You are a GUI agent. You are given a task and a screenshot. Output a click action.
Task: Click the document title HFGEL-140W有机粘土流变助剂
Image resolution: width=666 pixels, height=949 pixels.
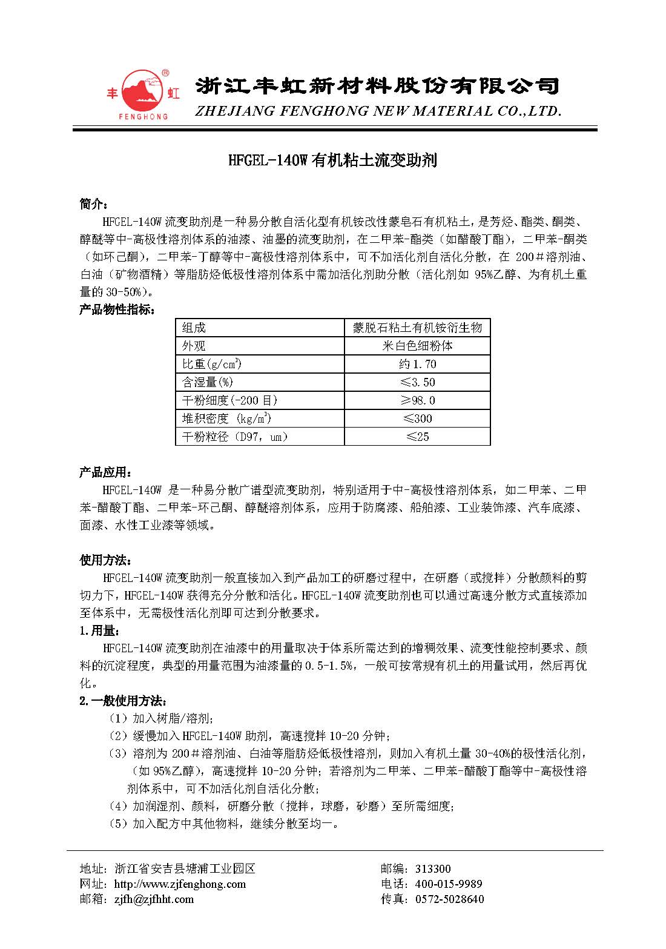[x=332, y=160]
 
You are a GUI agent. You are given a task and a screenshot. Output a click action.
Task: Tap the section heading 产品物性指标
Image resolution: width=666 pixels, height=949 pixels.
[x=117, y=310]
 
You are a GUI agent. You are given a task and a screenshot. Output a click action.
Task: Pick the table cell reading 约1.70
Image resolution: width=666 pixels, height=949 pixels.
[x=417, y=364]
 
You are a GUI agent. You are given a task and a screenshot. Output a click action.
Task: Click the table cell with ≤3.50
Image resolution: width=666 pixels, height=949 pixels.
[x=417, y=382]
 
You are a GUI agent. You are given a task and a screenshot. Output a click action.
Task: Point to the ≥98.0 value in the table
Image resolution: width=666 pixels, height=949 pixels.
[x=417, y=400]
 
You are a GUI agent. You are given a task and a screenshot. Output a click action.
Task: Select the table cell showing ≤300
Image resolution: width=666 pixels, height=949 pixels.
[x=417, y=418]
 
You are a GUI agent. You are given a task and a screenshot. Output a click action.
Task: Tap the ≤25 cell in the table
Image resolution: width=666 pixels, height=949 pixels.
[x=417, y=437]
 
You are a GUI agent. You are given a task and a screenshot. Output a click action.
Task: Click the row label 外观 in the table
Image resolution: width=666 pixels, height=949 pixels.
[x=194, y=346]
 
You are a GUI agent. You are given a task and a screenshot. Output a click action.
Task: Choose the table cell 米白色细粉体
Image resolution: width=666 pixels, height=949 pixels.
[x=417, y=346]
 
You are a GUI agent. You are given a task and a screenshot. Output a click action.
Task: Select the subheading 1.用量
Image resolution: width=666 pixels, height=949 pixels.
[x=96, y=631]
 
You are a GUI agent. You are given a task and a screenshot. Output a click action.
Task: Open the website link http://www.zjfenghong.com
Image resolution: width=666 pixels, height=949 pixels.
[x=180, y=884]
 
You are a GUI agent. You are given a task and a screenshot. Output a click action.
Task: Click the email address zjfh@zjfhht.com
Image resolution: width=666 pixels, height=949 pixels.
[x=154, y=899]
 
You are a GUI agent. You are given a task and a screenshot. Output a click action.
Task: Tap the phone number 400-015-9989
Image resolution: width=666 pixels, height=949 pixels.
[x=449, y=884]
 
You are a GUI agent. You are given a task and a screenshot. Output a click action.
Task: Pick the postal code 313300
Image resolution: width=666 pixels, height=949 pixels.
[x=432, y=869]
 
